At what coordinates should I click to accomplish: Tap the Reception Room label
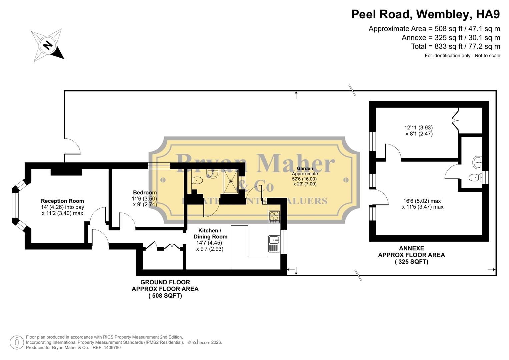coord(62,201)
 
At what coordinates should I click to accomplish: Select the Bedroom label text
coord(145,193)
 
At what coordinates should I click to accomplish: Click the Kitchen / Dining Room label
coord(210,233)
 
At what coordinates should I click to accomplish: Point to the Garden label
coord(305,169)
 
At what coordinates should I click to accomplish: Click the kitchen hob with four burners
coord(274,217)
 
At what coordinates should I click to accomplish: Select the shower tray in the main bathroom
coord(231,181)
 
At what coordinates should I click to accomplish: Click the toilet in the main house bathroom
coord(197,180)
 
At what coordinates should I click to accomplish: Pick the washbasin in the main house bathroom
coord(212,173)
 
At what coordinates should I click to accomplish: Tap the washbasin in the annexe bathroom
coord(477,162)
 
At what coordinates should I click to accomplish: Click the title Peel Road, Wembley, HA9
coord(426,14)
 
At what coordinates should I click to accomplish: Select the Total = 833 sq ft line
coord(455,46)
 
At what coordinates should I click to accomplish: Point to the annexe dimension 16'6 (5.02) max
coord(422,201)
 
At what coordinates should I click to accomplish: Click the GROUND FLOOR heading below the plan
coord(165,282)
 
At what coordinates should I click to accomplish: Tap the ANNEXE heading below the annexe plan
coord(411,248)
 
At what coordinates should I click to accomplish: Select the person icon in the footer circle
coord(17,342)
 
